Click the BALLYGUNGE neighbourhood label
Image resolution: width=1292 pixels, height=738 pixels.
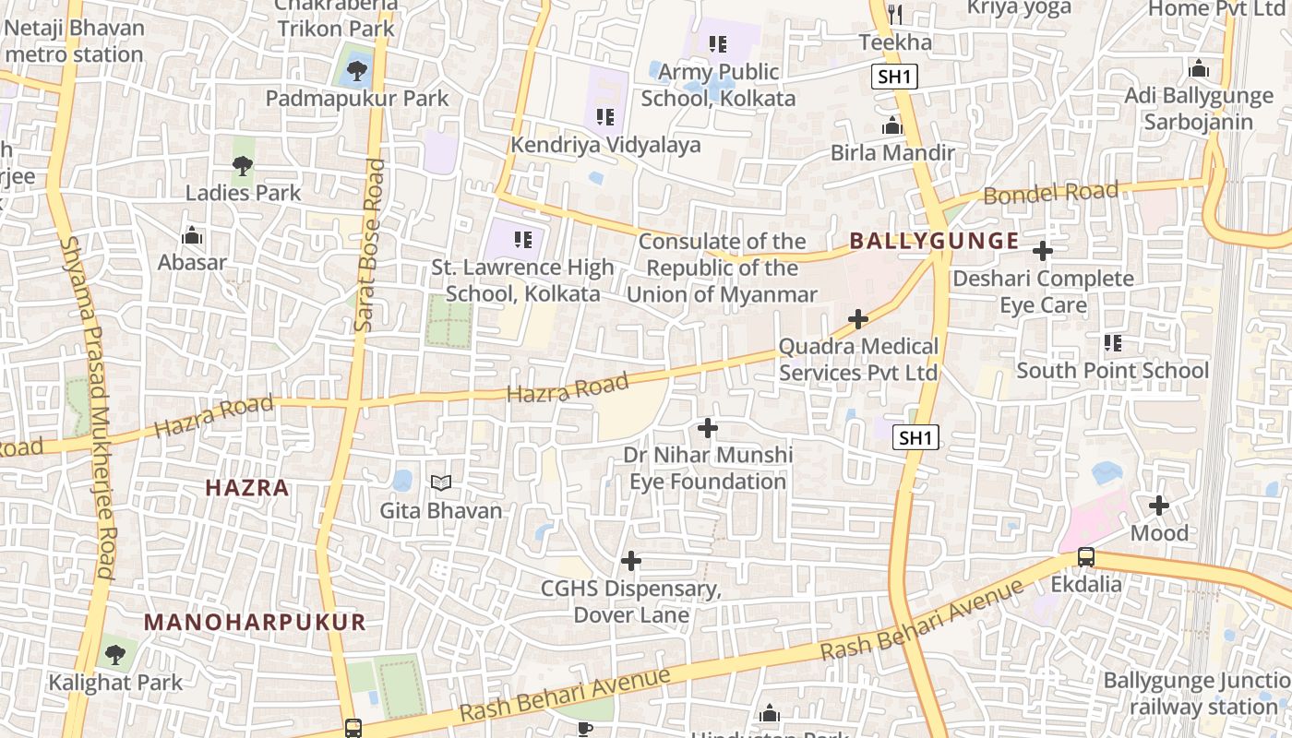click(x=934, y=242)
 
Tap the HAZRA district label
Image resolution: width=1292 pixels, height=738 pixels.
click(x=247, y=488)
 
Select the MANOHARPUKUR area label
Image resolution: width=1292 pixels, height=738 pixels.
click(x=255, y=622)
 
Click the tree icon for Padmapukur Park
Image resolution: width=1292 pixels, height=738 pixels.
click(x=356, y=69)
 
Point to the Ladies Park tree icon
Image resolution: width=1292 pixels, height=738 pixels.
click(x=243, y=166)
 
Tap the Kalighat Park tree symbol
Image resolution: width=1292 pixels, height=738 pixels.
click(x=115, y=655)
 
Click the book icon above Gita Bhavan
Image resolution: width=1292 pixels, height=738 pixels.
click(x=442, y=482)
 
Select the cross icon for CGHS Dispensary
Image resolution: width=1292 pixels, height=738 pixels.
click(x=631, y=561)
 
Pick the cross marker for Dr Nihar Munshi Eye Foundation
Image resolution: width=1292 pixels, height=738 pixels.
click(x=708, y=428)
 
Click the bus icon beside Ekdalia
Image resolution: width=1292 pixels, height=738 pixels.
click(x=1086, y=557)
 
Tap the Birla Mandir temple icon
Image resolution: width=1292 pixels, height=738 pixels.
click(x=892, y=125)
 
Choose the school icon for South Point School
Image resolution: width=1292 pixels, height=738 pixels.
click(x=1113, y=343)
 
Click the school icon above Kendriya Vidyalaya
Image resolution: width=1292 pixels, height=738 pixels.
click(x=605, y=117)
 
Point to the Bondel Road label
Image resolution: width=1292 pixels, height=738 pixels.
click(x=1050, y=194)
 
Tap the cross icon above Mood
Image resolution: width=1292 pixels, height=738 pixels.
click(x=1159, y=506)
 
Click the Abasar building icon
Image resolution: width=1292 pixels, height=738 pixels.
click(x=192, y=236)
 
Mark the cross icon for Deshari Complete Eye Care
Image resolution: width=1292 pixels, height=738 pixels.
click(x=1043, y=251)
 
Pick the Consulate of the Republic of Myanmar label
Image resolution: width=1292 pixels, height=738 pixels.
click(x=723, y=268)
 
